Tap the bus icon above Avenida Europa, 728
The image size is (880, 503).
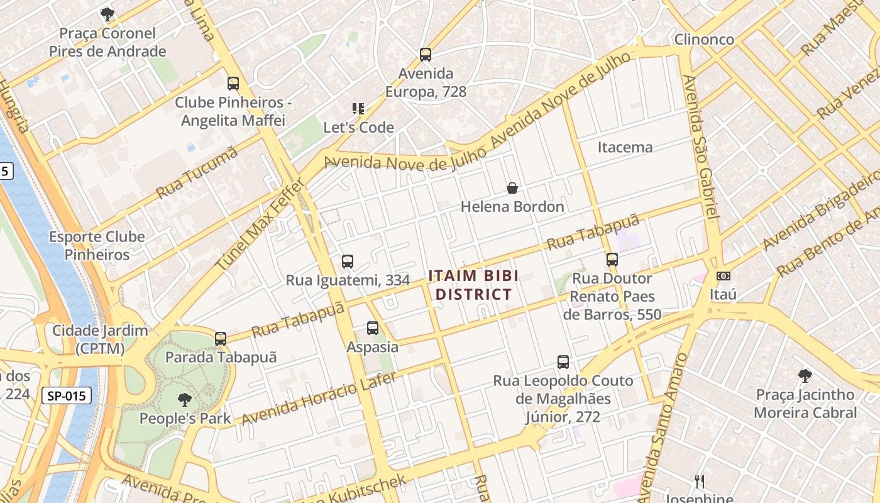[x=426, y=55]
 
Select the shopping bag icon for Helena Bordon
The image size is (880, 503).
[x=512, y=188]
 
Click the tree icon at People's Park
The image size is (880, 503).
[x=184, y=399]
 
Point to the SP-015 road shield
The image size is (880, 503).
[x=67, y=396]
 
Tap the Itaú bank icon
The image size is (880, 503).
[x=723, y=276]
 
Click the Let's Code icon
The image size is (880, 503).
[x=358, y=109]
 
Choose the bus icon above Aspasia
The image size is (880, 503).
[x=373, y=328]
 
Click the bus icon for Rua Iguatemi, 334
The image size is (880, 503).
[x=348, y=262]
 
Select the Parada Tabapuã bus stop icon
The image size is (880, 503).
[x=221, y=339]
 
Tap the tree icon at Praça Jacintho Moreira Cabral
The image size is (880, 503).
[x=805, y=376]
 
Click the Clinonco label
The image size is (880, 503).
[x=704, y=40]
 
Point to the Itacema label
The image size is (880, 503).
[x=625, y=148]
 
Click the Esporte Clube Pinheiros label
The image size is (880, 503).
[x=97, y=246]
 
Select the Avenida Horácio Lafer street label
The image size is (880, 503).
[x=319, y=398]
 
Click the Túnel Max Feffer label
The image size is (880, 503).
[x=260, y=225]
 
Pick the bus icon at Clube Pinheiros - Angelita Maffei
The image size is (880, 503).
[x=233, y=84]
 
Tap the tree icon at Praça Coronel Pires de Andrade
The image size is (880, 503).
[x=107, y=14]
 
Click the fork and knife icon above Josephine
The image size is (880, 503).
[x=698, y=482]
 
